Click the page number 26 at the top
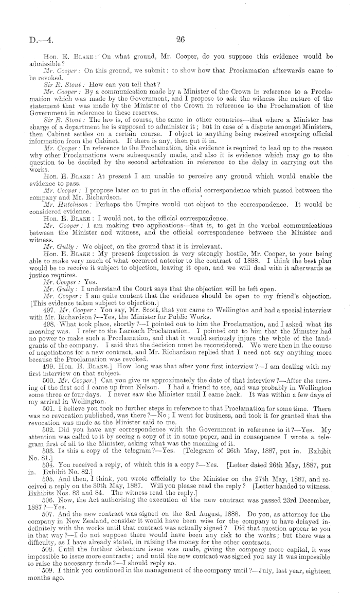click(180, 38)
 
